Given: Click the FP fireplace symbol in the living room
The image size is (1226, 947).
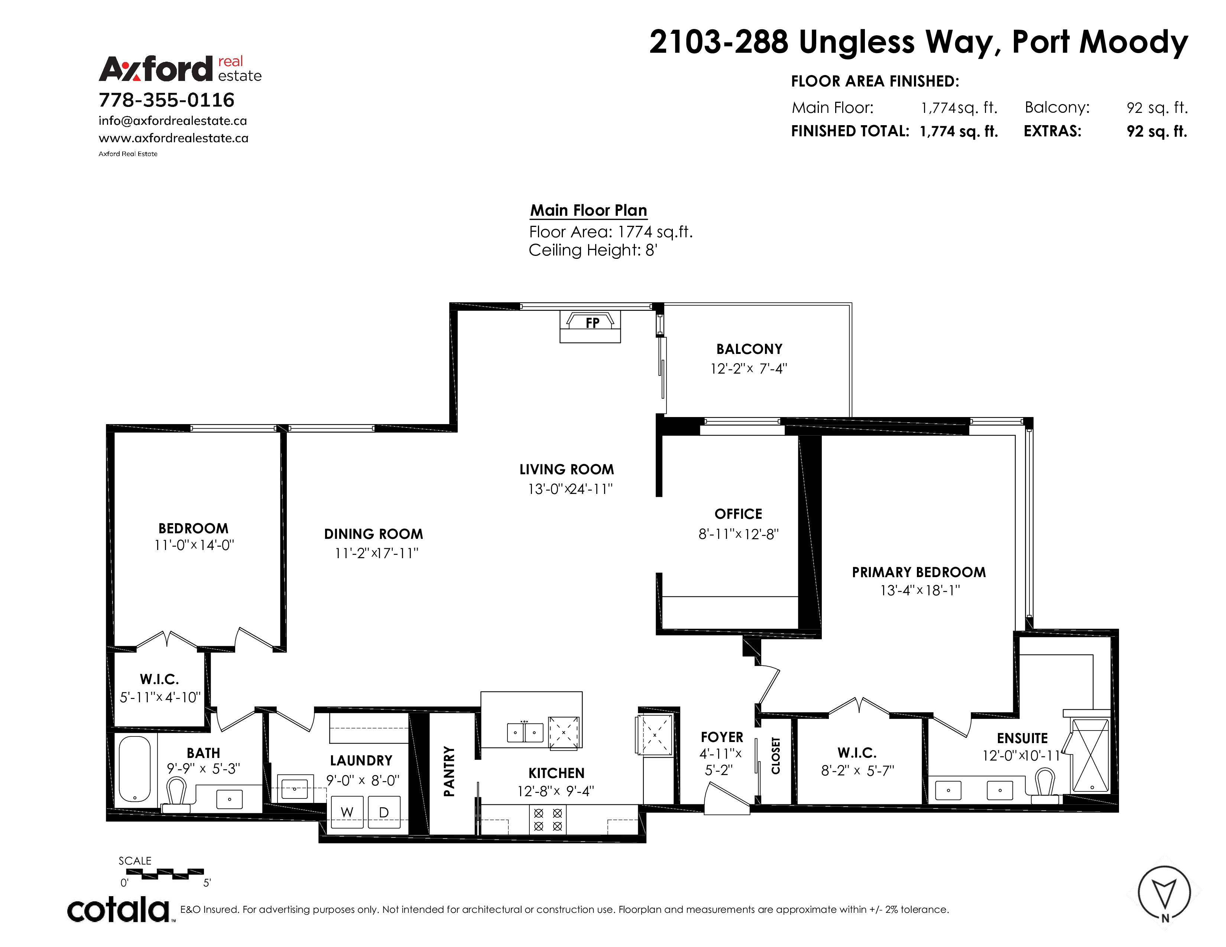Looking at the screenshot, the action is point(590,326).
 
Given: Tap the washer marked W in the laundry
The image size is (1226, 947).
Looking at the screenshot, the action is point(347,812).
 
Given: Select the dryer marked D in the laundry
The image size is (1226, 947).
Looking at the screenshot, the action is point(384,812).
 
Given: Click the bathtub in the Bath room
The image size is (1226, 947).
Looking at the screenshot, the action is point(135,769).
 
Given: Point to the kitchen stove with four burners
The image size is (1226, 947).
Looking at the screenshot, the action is point(548,820).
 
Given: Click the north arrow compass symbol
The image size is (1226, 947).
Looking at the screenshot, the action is point(1164,892).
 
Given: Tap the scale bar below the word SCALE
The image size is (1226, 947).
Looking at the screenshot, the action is point(165,873).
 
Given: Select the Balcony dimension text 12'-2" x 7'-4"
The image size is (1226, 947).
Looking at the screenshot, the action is point(749,369).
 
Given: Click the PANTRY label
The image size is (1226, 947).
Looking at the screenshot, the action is point(449,771).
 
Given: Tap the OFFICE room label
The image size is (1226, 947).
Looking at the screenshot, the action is point(738,514).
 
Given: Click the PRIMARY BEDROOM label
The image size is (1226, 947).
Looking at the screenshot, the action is point(919,572).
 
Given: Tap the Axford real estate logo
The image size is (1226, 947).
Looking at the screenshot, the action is point(180,68).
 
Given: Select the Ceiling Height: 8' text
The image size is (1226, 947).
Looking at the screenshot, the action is point(593,250).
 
